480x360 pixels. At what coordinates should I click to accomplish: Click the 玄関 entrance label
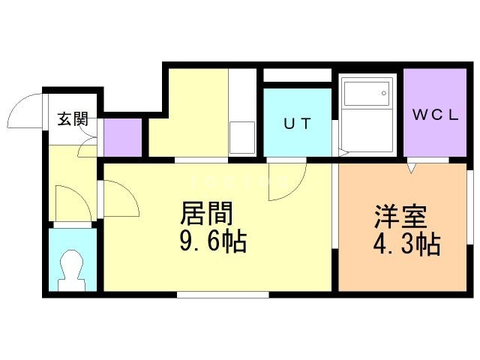(x=73, y=118)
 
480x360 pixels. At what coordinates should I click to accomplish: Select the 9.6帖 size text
(x=212, y=242)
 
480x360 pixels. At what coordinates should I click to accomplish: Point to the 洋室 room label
(x=400, y=217)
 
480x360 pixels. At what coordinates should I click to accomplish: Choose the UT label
(x=296, y=124)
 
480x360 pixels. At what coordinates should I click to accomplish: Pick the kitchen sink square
(x=242, y=139)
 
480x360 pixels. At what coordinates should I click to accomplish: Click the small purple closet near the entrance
(x=121, y=136)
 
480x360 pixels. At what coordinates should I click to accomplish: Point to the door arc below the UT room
(x=287, y=183)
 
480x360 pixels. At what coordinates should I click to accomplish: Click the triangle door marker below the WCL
(x=412, y=168)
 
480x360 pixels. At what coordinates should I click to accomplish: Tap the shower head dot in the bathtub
(x=383, y=94)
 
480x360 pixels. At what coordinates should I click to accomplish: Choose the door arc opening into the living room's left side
(x=120, y=199)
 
